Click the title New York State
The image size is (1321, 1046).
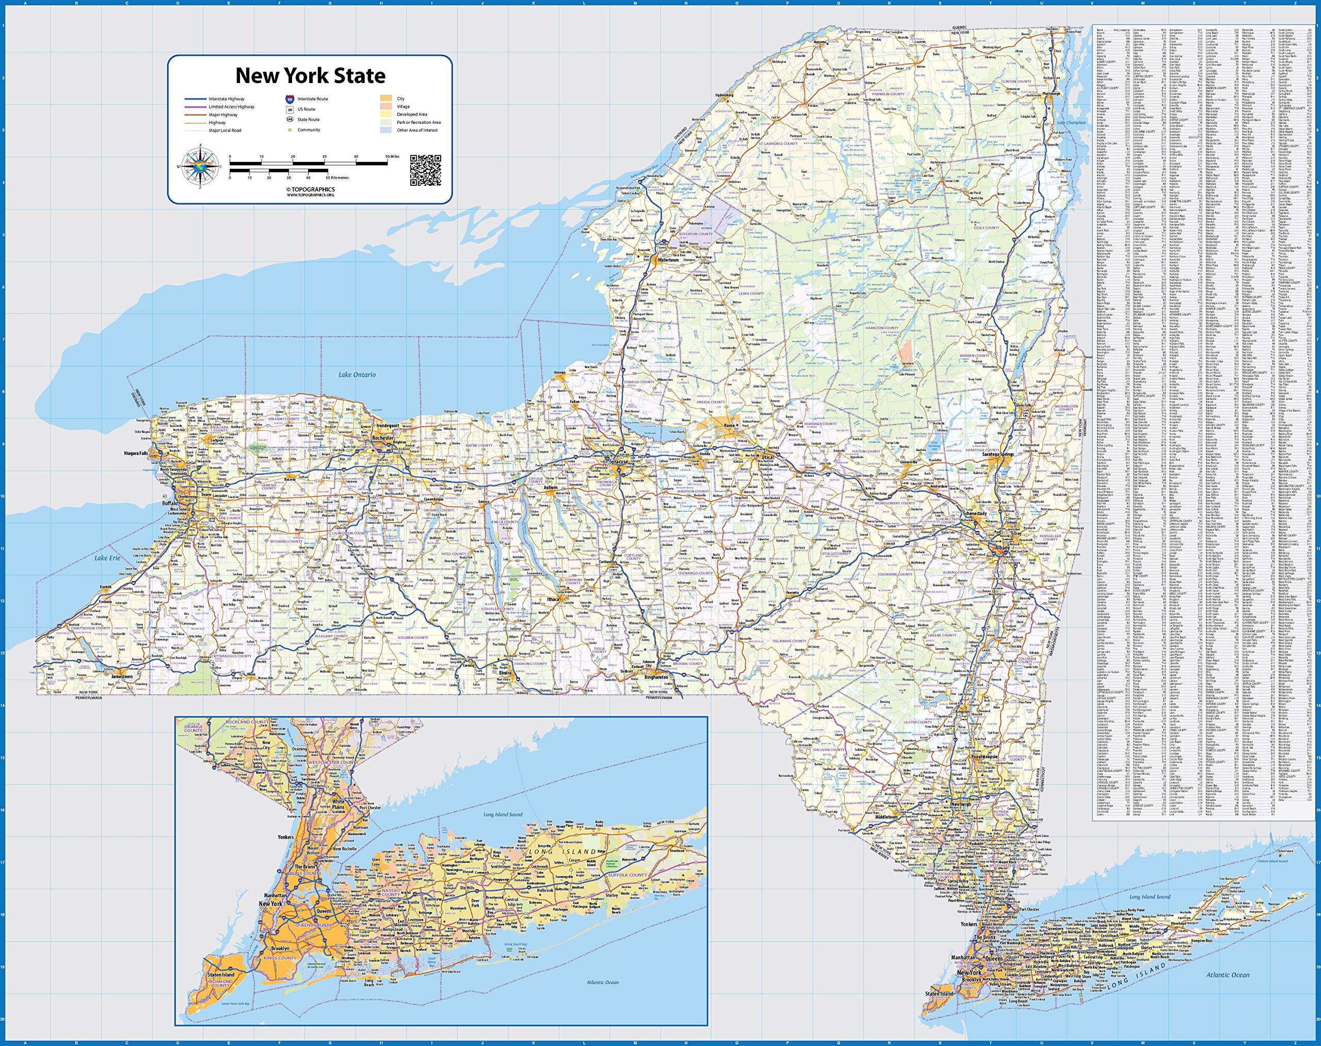311,76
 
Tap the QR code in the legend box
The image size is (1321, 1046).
426,170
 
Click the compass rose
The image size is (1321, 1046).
200,166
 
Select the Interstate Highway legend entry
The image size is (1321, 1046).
226,99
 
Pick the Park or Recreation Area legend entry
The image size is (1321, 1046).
418,122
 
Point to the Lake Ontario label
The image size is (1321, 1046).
357,375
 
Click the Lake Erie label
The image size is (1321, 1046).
107,558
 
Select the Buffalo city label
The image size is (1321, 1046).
170,503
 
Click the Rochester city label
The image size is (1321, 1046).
383,439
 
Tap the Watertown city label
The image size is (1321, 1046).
668,260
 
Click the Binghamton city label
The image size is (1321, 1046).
656,678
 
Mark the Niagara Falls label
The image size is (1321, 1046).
136,453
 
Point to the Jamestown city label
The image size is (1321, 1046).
122,677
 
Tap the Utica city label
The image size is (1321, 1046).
767,458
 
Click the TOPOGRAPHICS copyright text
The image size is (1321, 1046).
311,190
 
